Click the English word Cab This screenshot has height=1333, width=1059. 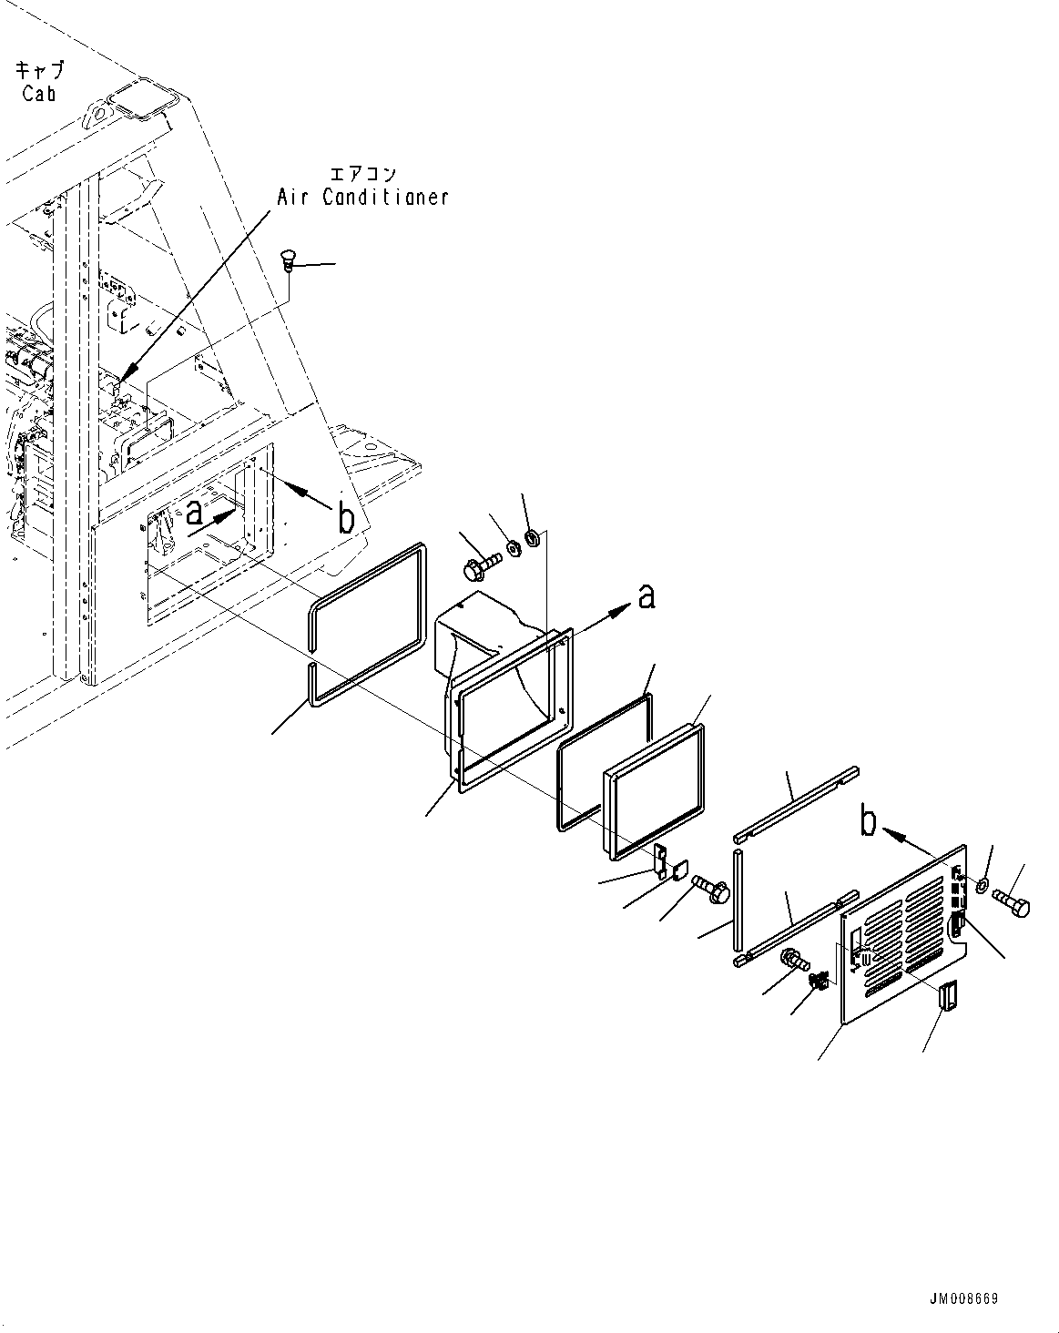(x=39, y=93)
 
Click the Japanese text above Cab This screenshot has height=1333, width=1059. (x=39, y=70)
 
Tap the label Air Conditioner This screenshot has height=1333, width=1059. (x=363, y=197)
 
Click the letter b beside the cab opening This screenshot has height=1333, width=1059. (x=346, y=518)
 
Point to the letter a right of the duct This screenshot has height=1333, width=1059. (x=646, y=597)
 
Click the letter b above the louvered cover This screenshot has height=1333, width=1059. (x=869, y=821)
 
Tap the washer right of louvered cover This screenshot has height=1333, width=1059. (x=983, y=885)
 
